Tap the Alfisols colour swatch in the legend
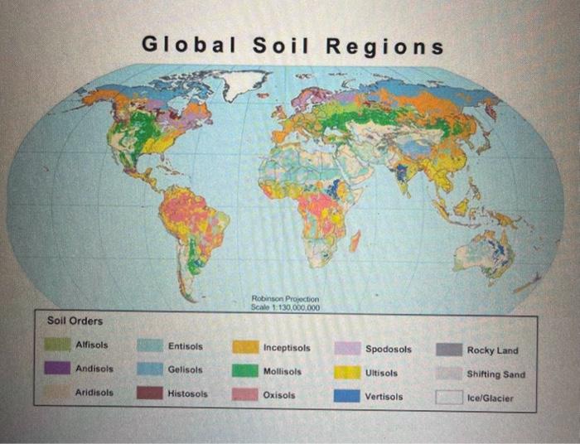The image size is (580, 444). [x=57, y=344]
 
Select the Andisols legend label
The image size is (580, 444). [x=94, y=368]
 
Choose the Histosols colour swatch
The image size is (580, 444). [x=150, y=393]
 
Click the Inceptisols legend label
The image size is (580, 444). [x=287, y=349]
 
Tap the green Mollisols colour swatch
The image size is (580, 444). [x=244, y=371]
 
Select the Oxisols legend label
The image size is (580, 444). [x=278, y=395]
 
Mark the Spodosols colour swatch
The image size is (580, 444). [x=347, y=349]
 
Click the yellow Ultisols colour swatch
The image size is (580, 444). [x=347, y=372]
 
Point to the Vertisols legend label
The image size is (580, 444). [x=384, y=397]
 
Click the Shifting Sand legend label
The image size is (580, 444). [x=495, y=374]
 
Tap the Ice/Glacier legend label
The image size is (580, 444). [x=491, y=398]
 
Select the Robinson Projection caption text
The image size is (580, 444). [x=284, y=299]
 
